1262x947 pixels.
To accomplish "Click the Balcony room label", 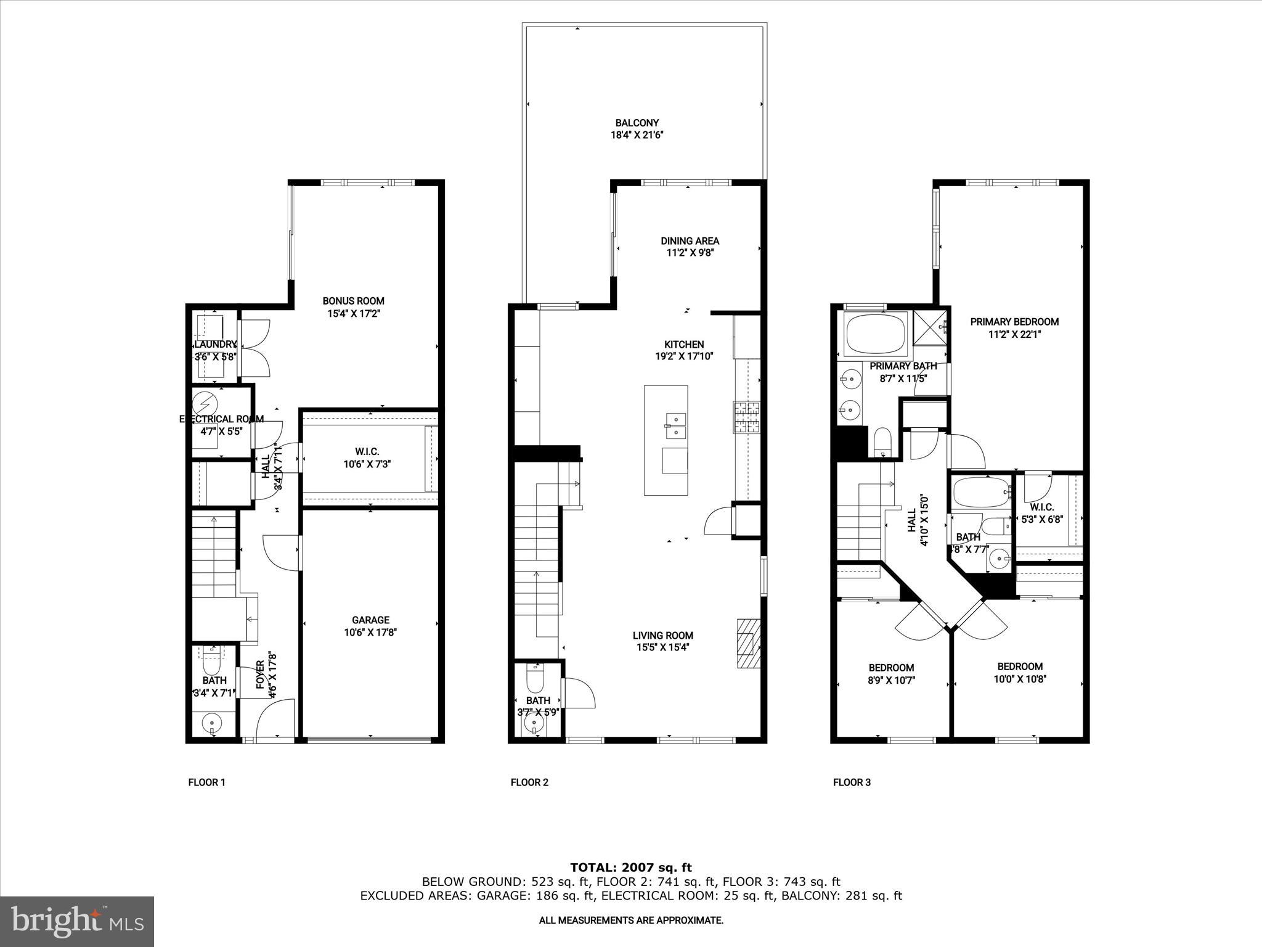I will click(x=637, y=123).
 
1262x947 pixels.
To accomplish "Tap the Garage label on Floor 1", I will click(x=370, y=620).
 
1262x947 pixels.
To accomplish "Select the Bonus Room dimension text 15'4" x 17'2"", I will click(x=353, y=314).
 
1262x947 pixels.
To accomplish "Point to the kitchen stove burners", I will click(x=746, y=417).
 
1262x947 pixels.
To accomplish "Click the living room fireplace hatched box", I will click(x=749, y=642).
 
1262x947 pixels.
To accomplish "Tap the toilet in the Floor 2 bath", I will click(x=535, y=681).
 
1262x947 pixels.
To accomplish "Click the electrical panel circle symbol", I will click(x=205, y=404).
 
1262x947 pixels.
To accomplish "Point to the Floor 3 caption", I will click(x=852, y=782).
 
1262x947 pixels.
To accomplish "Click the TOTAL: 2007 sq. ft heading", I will click(x=631, y=867).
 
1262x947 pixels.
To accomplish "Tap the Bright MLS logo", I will click(x=77, y=921).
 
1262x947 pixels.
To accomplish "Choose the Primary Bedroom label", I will click(x=1014, y=321).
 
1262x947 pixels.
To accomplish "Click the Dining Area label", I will click(x=690, y=240).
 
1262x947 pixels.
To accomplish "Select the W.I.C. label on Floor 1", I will click(x=367, y=452).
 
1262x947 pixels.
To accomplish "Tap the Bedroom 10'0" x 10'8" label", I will click(x=1020, y=666).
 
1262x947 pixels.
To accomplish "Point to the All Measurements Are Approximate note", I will click(x=631, y=920).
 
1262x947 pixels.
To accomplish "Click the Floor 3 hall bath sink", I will click(x=998, y=560).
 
